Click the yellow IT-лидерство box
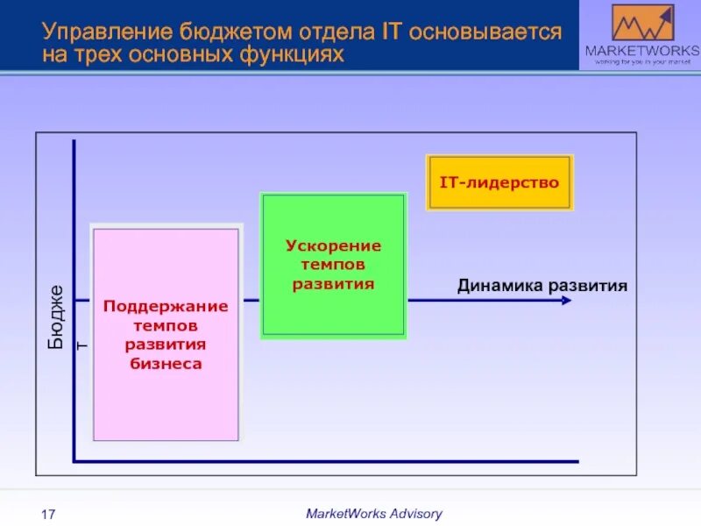pos(499,182)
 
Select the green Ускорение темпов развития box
pos(333,265)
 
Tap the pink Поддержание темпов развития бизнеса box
pos(166,334)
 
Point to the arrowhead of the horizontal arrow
pos(566,300)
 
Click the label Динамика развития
pos(542,286)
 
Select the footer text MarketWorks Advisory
pos(373,514)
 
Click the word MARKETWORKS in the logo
pos(642,50)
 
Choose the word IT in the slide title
pos(392,33)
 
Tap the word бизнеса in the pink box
pos(166,363)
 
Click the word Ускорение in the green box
pos(333,245)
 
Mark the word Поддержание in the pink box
pos(166,306)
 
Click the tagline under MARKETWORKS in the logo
pos(642,61)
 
